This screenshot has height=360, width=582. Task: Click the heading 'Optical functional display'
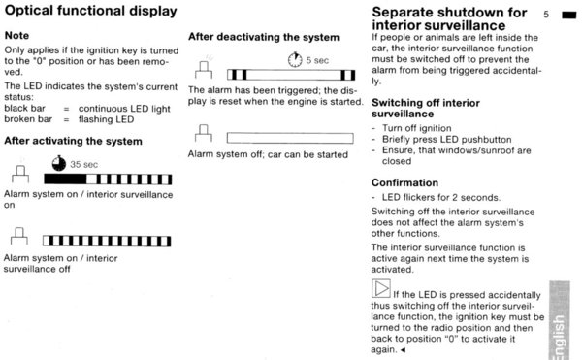(90, 11)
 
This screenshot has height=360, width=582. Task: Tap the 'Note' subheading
(16, 36)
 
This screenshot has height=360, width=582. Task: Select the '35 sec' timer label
(83, 164)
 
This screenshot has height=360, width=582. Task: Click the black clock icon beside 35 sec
(58, 163)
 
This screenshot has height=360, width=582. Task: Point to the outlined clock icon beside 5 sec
(295, 60)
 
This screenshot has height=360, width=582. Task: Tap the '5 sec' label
(317, 60)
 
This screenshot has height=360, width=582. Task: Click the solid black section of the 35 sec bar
(65, 180)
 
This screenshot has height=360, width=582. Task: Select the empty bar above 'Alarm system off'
(290, 138)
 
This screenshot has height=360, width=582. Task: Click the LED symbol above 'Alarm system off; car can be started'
(204, 133)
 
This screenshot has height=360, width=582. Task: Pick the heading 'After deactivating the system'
(264, 37)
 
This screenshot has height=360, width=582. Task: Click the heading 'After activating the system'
(73, 141)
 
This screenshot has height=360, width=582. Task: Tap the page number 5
(546, 15)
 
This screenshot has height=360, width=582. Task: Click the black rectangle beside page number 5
(569, 16)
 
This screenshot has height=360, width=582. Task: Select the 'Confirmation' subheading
(404, 183)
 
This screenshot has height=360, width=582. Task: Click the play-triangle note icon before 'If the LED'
(381, 288)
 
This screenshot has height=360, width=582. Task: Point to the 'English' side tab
(560, 320)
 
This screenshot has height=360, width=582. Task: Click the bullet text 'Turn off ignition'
(417, 128)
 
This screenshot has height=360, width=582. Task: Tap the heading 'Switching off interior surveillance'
(426, 108)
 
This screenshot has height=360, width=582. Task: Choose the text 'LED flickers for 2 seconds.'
(441, 197)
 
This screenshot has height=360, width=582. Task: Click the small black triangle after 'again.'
(403, 349)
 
